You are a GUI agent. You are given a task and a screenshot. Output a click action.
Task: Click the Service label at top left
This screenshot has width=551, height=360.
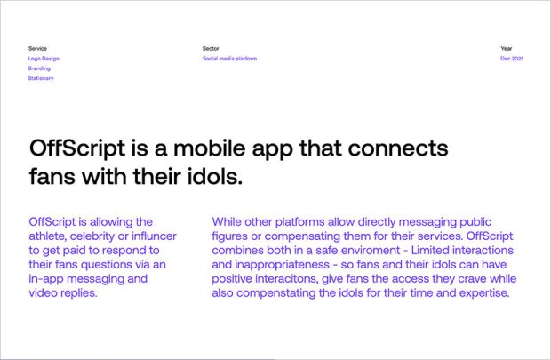coord(37,48)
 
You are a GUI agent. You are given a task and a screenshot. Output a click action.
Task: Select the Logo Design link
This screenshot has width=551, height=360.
coord(44,59)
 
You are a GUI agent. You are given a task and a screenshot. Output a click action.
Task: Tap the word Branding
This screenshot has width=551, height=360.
coord(39,68)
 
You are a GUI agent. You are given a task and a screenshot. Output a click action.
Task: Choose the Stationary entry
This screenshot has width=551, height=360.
coord(41,78)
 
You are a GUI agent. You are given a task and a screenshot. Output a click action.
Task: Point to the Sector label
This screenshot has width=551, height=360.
coord(211,48)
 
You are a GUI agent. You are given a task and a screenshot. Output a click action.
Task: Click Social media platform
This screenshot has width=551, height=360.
coord(229,59)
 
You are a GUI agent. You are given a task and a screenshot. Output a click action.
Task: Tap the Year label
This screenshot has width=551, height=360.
coord(507,48)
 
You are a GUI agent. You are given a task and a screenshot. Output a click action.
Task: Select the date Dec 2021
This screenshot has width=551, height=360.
coord(512,59)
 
